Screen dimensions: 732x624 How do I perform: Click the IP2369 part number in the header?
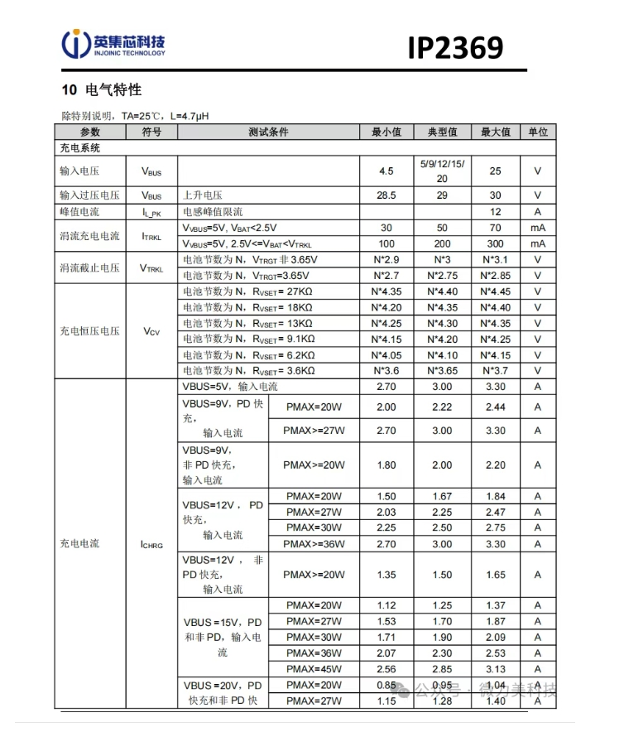point(454,47)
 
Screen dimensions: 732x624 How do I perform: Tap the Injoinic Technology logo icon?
point(77,45)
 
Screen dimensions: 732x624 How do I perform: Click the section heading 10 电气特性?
point(102,89)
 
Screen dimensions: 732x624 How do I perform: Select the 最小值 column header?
point(386,132)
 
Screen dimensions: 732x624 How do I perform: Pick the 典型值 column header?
point(442,132)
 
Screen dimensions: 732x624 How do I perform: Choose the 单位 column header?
point(538,132)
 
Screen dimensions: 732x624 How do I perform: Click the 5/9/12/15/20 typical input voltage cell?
point(442,171)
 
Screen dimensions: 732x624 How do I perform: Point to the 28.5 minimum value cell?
point(386,195)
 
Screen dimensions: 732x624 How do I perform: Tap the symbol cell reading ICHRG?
point(151,544)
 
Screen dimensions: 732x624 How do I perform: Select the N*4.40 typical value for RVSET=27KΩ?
point(442,291)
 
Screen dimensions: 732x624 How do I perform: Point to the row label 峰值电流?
point(80,212)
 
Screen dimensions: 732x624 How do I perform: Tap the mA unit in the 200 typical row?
point(538,243)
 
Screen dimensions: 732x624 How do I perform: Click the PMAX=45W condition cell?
point(314,668)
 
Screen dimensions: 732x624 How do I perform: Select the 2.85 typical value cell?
point(442,668)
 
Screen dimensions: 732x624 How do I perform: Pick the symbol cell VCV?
point(151,331)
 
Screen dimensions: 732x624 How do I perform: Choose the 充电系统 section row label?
point(80,148)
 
